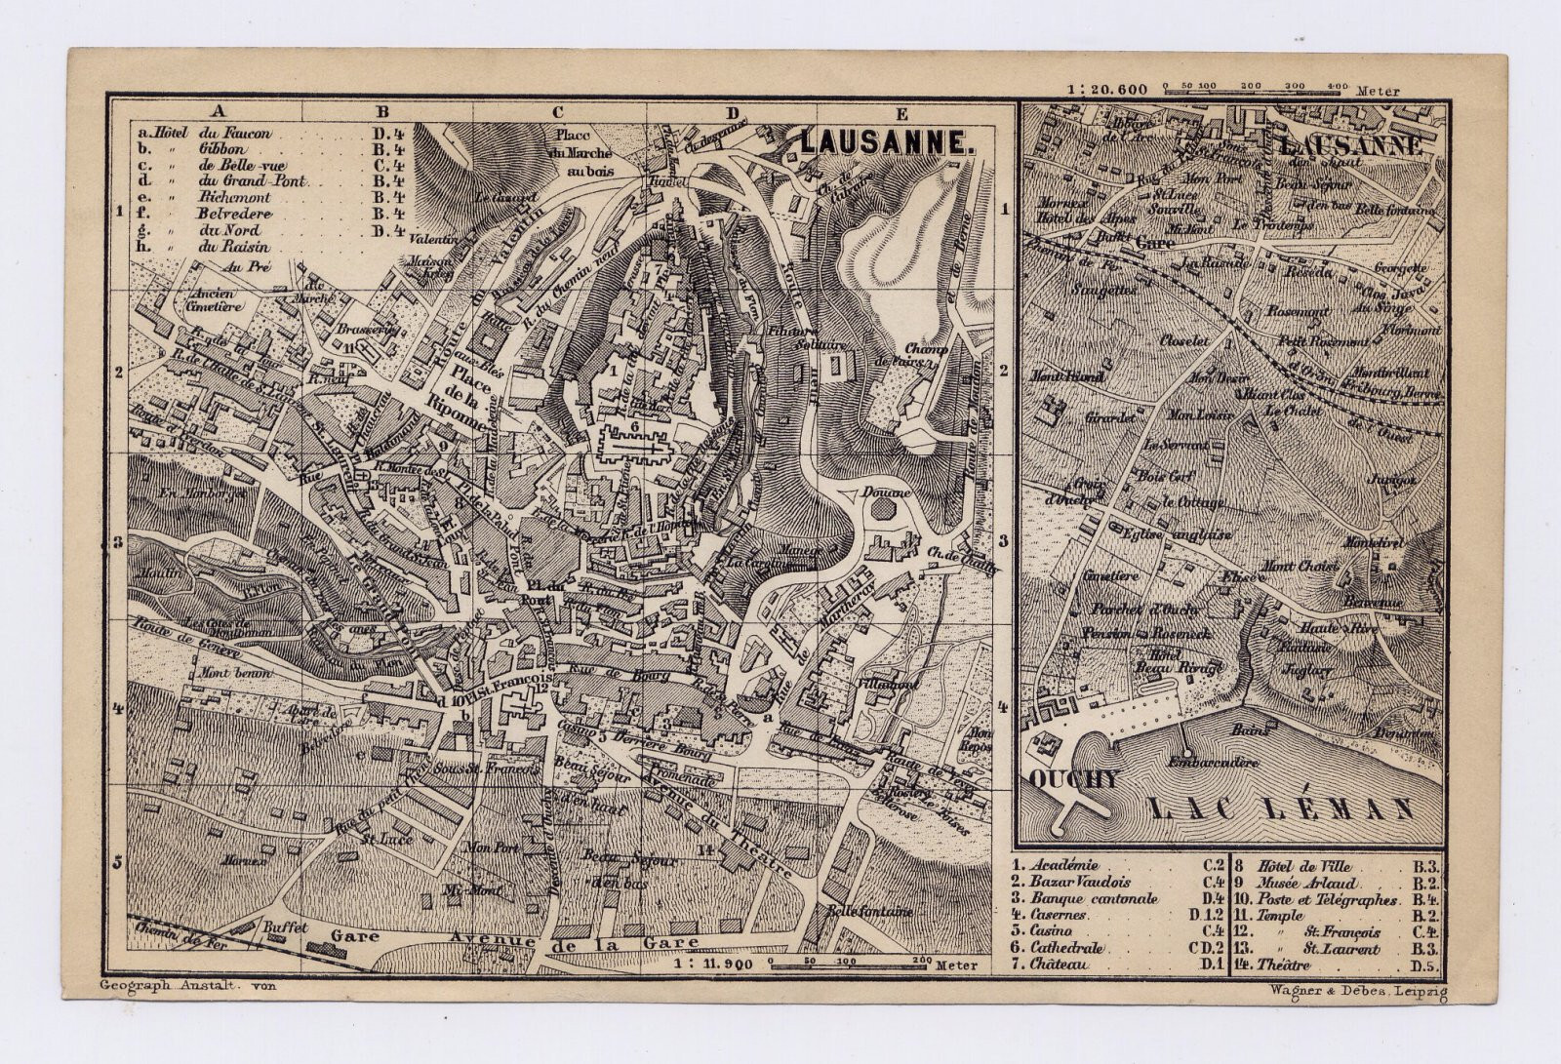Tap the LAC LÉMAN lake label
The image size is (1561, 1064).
click(1282, 808)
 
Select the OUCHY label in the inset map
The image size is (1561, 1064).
click(1071, 779)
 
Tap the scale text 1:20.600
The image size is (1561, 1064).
click(1107, 89)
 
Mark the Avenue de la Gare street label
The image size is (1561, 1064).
click(576, 941)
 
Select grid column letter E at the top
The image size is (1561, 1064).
click(901, 111)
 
